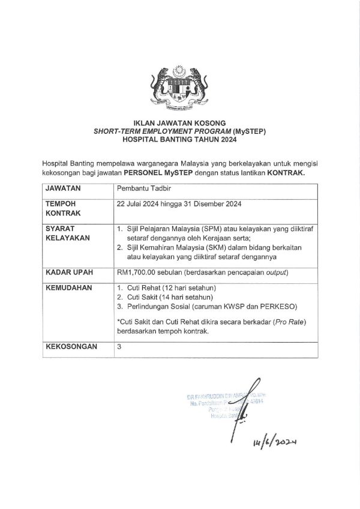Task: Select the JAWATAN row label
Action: tap(64, 188)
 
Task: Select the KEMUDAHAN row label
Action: tap(68, 288)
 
